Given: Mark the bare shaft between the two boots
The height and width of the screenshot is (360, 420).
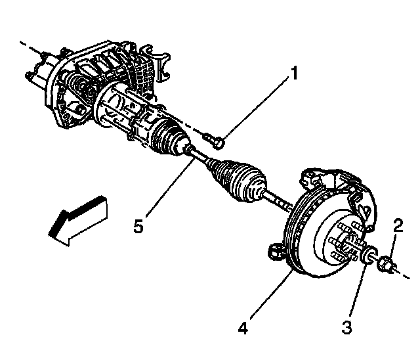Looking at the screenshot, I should [201, 158].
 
